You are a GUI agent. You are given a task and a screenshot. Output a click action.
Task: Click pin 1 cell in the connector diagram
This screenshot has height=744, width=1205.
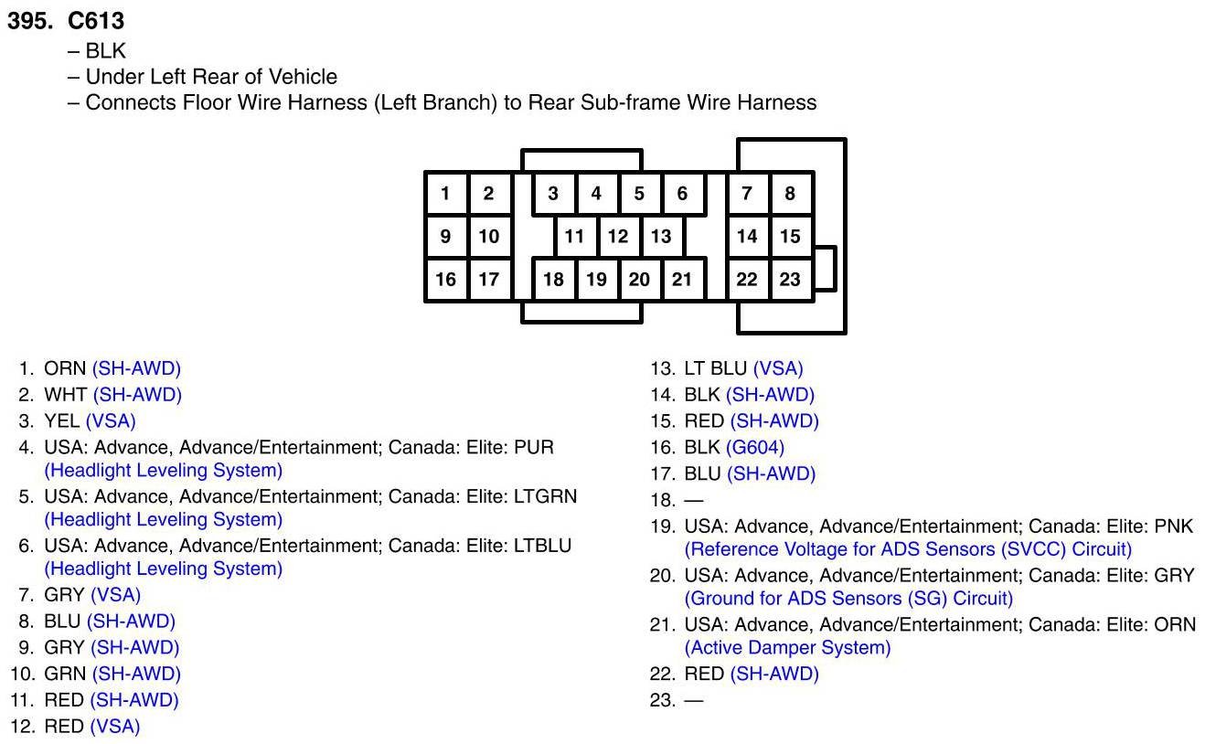point(445,193)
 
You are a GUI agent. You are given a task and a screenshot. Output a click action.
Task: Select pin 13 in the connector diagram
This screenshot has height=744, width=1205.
point(661,237)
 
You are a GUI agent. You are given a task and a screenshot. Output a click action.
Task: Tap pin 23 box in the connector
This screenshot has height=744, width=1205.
point(790,280)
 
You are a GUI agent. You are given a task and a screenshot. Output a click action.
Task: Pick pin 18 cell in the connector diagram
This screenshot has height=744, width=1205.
point(553,280)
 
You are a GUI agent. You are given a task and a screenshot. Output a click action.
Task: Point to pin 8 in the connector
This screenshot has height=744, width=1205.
point(790,193)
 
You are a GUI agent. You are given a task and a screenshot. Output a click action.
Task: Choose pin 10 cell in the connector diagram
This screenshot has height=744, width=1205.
point(489,237)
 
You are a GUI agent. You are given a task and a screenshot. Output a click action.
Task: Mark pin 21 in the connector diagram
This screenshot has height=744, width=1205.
point(682,280)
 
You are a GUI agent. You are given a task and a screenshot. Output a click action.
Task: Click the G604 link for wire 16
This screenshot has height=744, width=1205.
point(755,448)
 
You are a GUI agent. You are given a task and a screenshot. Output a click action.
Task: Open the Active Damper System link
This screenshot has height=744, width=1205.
point(787,648)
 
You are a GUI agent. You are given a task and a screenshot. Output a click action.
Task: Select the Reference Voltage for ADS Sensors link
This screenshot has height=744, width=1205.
point(908,550)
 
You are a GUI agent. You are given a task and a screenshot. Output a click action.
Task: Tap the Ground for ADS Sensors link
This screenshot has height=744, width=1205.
point(848,599)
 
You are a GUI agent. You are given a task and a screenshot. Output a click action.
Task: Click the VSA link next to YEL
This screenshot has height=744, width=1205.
point(111,421)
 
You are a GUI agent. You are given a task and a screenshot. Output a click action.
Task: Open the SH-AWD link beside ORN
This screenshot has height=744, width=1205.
point(136,369)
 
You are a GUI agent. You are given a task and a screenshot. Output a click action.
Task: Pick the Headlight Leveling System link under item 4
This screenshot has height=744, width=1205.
point(163,471)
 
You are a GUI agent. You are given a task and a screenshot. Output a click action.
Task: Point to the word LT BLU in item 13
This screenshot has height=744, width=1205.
point(716,369)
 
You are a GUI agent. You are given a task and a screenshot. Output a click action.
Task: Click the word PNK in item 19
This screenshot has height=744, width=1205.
point(1174,527)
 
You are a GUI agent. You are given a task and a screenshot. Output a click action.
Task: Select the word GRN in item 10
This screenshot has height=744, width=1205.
point(65,675)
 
